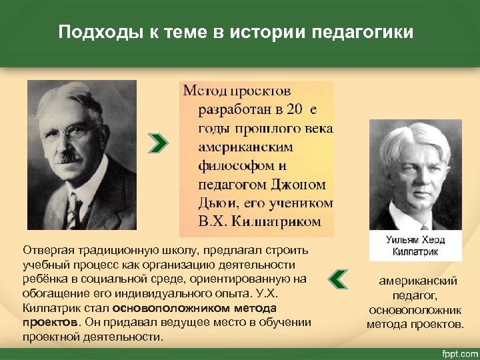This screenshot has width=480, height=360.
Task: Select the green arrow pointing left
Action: coord(339,279)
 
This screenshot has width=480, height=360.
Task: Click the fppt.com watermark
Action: coord(457,351)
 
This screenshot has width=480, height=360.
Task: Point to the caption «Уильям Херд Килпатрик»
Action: coord(415,244)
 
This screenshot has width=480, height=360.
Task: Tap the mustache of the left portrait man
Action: coord(66,157)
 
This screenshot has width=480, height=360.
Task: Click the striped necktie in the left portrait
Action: coord(71,213)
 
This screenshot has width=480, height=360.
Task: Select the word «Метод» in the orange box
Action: coord(204,90)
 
